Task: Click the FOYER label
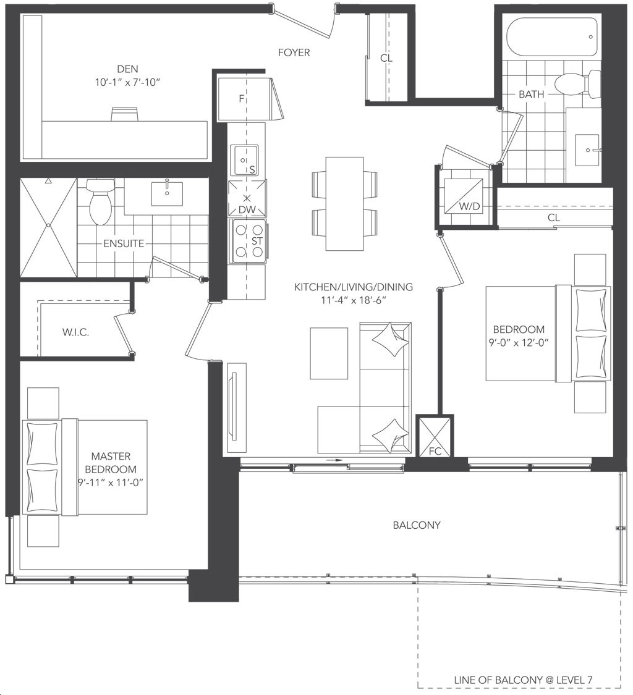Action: (294, 53)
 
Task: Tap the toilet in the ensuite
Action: (100, 201)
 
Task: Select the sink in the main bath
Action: (588, 150)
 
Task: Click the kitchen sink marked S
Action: (244, 161)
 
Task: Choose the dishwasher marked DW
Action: (247, 198)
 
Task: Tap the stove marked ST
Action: (249, 241)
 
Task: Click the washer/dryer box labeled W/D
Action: (463, 195)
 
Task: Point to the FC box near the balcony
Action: (435, 437)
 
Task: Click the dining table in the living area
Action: (345, 203)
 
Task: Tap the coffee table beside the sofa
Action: (329, 353)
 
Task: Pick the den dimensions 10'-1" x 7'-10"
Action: (127, 82)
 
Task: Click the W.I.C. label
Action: (75, 332)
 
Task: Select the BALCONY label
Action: (417, 525)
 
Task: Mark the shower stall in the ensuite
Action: (48, 227)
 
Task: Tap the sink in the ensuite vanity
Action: (167, 193)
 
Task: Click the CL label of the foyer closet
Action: (386, 58)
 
